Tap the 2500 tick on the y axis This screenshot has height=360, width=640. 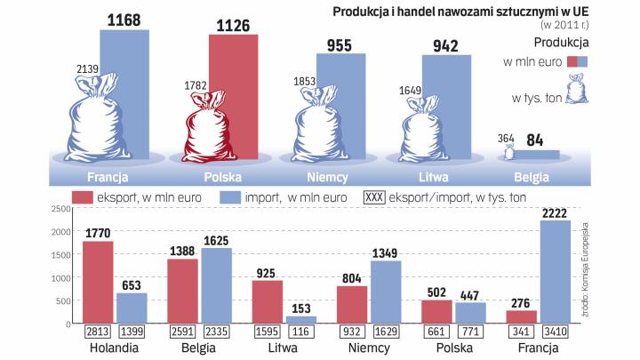pos(60,209)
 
